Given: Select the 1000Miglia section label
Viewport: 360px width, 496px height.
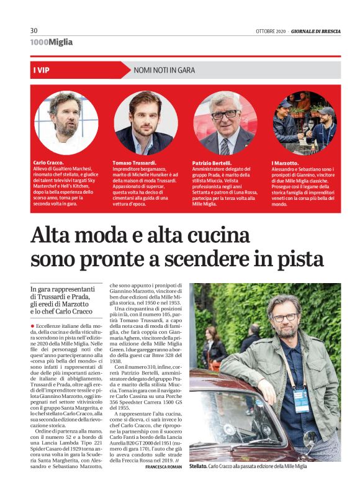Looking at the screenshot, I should pos(51,42).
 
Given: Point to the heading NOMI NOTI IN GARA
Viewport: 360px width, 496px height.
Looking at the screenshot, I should pos(164,70).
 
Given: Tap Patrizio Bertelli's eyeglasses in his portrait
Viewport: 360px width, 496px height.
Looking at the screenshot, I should pos(224,115).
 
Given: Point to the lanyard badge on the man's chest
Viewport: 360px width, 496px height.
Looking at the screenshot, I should pos(300,395).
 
